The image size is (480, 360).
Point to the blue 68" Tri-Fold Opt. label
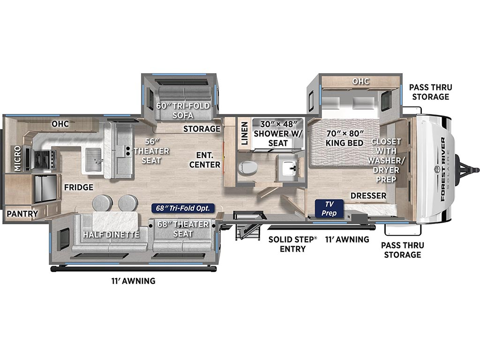pos(183,208)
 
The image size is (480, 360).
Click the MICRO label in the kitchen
pos(17,158)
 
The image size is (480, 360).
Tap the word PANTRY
pos(22,214)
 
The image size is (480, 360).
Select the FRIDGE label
pos(79,187)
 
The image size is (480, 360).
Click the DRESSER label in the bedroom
pos(368,195)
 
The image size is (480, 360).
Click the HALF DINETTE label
pos(111,234)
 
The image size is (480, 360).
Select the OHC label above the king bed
pos(361,82)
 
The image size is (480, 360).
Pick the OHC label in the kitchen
pos(60,124)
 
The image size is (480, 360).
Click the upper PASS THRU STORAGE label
pos(429,92)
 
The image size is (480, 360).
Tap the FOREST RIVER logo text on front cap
pos(442,169)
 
